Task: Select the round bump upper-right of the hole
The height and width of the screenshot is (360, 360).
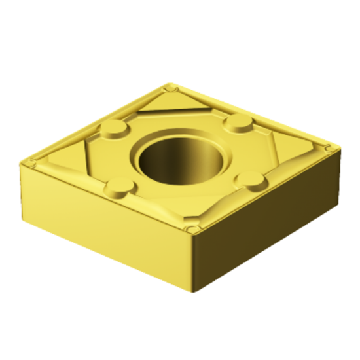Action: (x=236, y=122)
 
